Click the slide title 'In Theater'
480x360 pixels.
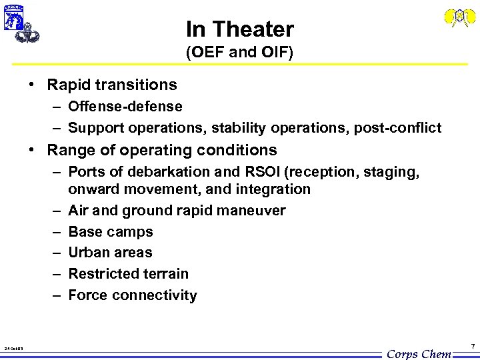[239, 29]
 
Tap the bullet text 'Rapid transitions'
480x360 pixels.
[112, 85]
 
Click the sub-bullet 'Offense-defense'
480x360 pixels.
[125, 107]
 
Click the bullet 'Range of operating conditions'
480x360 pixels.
[162, 150]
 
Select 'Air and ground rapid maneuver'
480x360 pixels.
[177, 211]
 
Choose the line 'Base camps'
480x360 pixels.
[111, 232]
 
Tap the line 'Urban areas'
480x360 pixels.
[111, 253]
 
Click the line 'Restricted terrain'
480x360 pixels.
[129, 274]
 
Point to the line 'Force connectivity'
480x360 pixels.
[133, 295]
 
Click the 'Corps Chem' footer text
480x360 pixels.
[419, 353]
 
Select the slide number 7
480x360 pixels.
[472, 347]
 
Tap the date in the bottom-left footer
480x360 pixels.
[13, 348]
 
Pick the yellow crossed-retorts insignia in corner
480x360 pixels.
[460, 17]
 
